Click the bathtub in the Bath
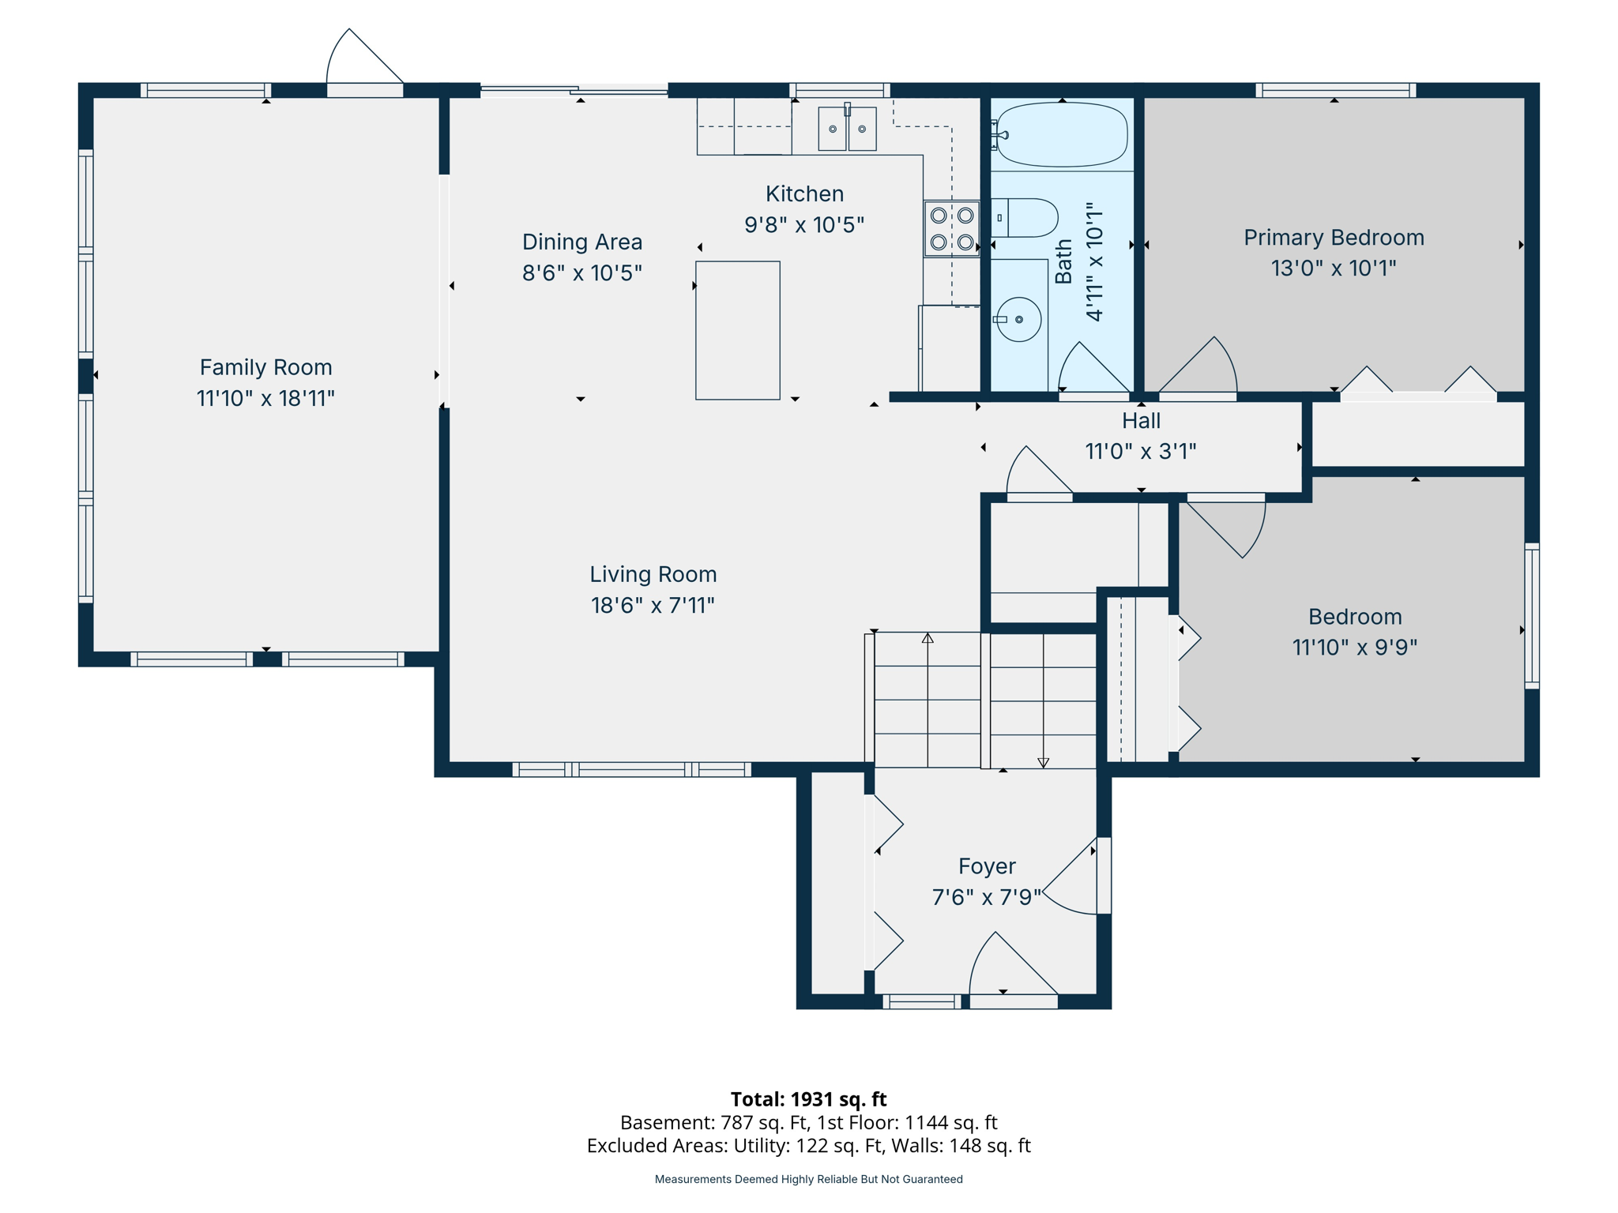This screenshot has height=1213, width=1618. [x=1062, y=135]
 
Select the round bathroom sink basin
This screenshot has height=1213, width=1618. [x=1019, y=319]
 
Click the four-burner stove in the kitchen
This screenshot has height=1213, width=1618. [x=952, y=228]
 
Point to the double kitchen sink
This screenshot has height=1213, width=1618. [x=847, y=129]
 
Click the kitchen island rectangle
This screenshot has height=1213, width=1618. [x=737, y=330]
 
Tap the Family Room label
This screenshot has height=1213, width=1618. [x=265, y=367]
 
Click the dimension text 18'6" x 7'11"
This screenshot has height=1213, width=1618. [x=653, y=605]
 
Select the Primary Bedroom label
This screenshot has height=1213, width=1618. [x=1334, y=238]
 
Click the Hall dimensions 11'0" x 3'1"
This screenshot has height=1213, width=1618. [x=1140, y=451]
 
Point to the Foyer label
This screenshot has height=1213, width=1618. [x=987, y=866]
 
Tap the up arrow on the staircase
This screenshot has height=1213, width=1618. [x=928, y=638]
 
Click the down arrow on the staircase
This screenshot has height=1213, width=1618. [x=1043, y=762]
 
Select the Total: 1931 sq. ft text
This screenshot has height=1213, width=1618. [x=808, y=1099]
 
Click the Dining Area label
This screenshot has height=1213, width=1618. [x=582, y=242]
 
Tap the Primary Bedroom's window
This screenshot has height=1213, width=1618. [x=1335, y=90]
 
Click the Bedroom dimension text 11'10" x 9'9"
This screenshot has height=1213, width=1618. [x=1354, y=648]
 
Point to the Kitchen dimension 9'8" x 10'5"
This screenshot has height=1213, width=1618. [x=804, y=225]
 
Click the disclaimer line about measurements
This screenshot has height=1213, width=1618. [x=808, y=1179]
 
